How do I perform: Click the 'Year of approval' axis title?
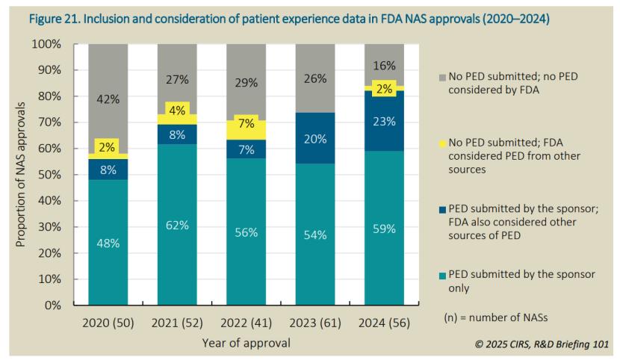pos(247,344)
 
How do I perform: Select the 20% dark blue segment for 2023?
pos(315,138)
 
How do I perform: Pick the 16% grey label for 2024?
pos(384,66)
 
